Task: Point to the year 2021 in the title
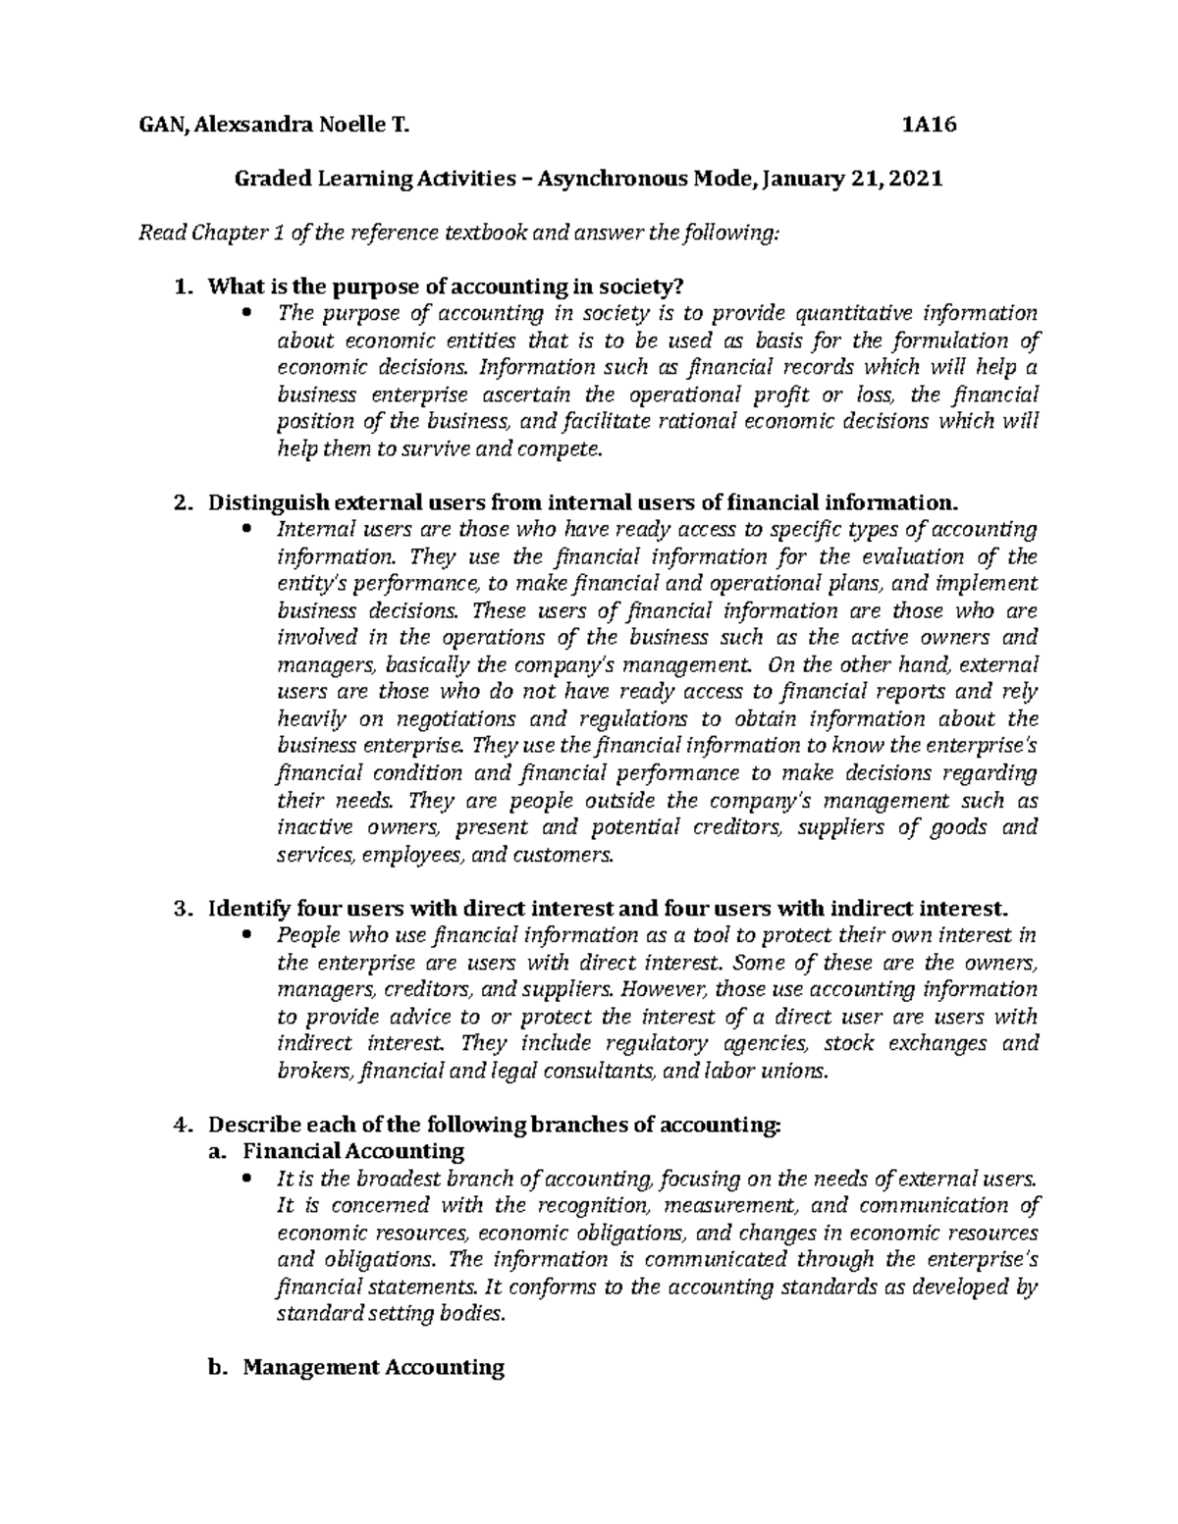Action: click(x=915, y=180)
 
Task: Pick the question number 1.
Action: click(x=178, y=288)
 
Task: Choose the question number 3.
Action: click(x=178, y=909)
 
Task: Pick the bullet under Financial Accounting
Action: click(x=246, y=1179)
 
